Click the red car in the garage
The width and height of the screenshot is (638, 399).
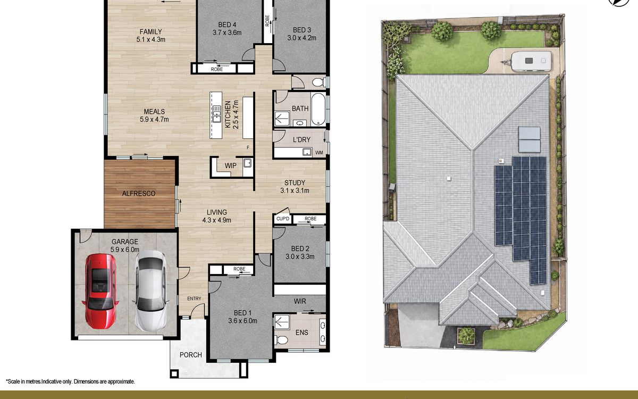pos(100,291)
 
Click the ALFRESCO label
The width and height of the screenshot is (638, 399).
pos(139,194)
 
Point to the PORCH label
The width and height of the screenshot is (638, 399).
pos(190,355)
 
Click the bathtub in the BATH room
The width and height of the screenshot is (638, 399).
pos(318,109)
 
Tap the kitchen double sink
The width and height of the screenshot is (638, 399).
pos(216,114)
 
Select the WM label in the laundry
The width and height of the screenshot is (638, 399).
pos(320,153)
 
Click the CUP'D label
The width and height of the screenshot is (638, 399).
pos(282,219)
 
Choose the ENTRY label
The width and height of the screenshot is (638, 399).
pos(194,298)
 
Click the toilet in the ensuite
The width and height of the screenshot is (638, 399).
pos(282,340)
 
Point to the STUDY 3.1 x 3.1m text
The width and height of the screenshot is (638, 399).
pos(295,187)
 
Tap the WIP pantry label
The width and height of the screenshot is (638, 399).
pos(230,165)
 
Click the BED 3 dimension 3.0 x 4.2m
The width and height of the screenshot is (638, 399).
pos(301,38)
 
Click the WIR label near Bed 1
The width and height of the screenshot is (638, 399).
pos(300,301)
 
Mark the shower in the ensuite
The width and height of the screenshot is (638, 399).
pos(282,322)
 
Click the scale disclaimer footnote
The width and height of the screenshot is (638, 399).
pos(70,381)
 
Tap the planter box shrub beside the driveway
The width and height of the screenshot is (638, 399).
pos(466,336)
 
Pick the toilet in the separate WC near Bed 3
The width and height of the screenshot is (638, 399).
pos(318,82)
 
